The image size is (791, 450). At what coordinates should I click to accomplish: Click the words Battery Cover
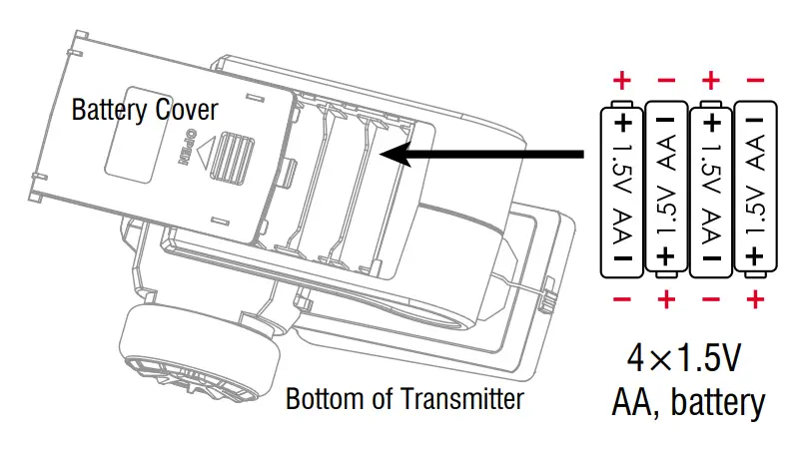tap(144, 109)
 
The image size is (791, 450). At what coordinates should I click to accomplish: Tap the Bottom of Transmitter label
tap(404, 400)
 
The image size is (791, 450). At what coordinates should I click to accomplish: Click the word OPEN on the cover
tap(183, 151)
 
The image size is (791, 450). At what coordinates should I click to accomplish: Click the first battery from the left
tap(622, 191)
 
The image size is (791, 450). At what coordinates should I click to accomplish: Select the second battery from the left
tap(666, 191)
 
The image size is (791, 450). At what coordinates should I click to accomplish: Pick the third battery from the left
tap(711, 191)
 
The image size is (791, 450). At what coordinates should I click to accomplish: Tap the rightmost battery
tap(756, 191)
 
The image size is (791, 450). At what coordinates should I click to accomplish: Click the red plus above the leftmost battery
tap(622, 80)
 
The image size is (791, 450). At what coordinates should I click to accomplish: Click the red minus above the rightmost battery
tap(756, 80)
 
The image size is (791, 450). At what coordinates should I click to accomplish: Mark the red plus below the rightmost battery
tap(756, 298)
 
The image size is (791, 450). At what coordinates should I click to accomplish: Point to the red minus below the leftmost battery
tap(622, 298)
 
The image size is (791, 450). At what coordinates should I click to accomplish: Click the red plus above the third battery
tap(711, 80)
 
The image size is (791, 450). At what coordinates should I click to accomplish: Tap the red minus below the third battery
tap(711, 298)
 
